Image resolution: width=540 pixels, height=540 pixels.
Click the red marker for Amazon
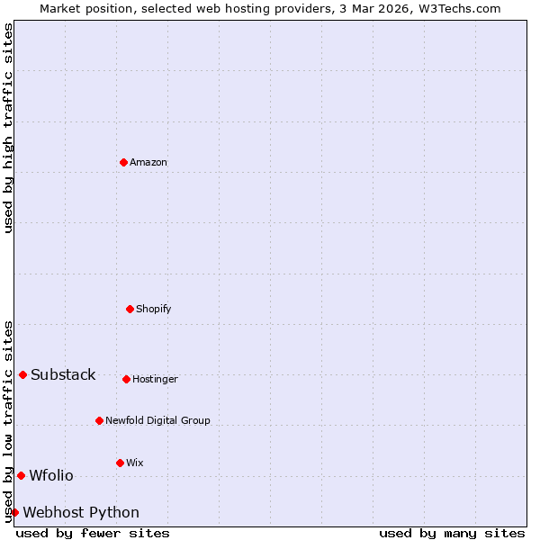pyautogui.click(x=123, y=162)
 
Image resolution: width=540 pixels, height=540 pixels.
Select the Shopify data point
pyautogui.click(x=130, y=309)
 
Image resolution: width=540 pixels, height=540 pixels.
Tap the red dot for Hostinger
pyautogui.click(x=126, y=379)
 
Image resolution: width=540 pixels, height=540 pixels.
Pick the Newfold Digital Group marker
pyautogui.click(x=99, y=420)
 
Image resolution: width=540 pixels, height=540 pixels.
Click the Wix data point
pyautogui.click(x=120, y=463)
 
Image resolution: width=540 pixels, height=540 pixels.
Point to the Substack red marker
pyautogui.click(x=22, y=374)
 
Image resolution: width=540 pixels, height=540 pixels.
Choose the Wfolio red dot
pyautogui.click(x=21, y=475)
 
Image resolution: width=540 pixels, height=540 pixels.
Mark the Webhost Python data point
pyautogui.click(x=14, y=512)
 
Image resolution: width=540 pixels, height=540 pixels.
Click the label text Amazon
pyautogui.click(x=148, y=163)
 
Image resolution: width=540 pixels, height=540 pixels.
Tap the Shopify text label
pyautogui.click(x=153, y=310)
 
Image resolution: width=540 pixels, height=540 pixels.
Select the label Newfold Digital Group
pyautogui.click(x=157, y=421)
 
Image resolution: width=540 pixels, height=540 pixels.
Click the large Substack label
pyautogui.click(x=63, y=375)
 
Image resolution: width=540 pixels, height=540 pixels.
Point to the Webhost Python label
pyautogui.click(x=81, y=513)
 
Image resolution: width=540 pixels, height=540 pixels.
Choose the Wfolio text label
pyautogui.click(x=51, y=476)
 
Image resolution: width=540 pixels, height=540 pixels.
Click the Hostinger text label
pyautogui.click(x=155, y=380)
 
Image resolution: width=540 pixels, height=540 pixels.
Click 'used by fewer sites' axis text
pyautogui.click(x=93, y=533)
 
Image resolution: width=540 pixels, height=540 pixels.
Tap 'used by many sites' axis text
pyautogui.click(x=452, y=533)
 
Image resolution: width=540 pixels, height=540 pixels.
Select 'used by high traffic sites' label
pyautogui.click(x=8, y=128)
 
